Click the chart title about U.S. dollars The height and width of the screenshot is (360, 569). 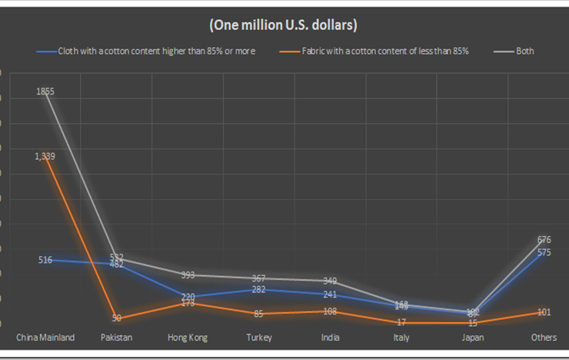284,25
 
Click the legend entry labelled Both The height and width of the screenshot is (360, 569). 524,52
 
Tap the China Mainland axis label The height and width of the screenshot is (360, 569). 45,338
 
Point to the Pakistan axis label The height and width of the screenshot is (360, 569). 116,338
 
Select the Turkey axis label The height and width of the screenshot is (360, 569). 258,338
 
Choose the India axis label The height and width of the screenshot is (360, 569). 330,338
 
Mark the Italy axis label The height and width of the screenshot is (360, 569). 401,338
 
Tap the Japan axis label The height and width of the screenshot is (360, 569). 472,338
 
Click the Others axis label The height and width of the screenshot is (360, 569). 544,338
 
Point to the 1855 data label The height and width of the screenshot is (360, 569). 45,92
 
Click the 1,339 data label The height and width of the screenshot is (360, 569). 45,156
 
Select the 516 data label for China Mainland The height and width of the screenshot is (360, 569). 45,260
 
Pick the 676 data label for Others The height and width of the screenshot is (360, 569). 544,240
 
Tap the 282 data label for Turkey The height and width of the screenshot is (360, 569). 258,289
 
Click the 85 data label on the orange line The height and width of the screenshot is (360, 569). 258,313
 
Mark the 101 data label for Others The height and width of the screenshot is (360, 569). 544,312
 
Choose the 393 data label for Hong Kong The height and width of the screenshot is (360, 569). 188,275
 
